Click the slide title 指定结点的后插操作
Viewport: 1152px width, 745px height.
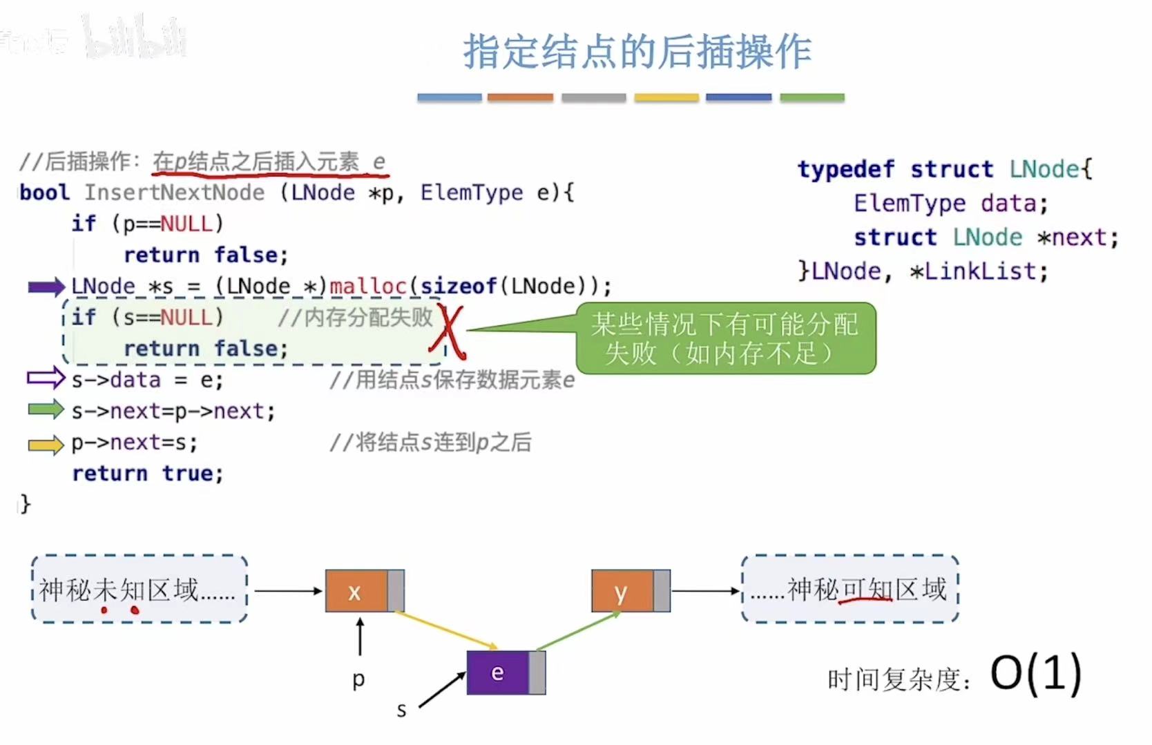637,52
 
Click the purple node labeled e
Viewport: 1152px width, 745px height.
498,673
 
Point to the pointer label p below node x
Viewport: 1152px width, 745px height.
358,679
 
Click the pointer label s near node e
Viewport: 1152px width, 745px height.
401,710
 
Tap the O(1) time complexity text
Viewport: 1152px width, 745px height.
1035,673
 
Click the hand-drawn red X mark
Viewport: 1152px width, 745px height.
448,332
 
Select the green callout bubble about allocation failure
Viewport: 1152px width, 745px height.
725,338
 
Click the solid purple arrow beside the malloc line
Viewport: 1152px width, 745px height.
46,287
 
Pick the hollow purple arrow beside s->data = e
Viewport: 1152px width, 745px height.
46,378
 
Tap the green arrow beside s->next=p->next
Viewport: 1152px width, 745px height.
46,410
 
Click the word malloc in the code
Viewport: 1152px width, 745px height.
368,286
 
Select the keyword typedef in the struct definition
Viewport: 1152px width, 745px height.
846,169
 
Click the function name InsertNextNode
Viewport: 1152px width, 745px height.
174,193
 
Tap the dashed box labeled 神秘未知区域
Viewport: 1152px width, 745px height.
140,589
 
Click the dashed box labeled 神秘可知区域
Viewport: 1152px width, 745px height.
850,589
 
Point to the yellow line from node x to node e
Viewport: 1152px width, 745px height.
447,630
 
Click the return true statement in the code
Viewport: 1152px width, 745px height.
148,474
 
